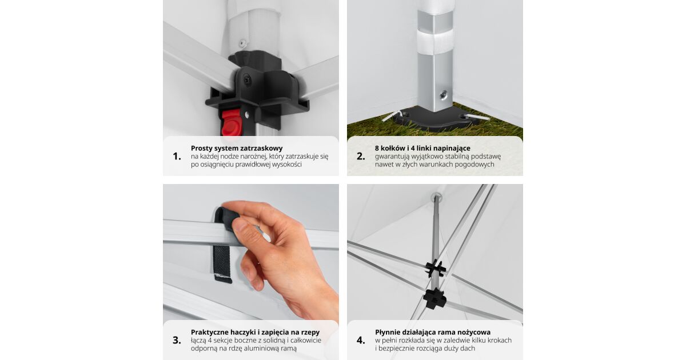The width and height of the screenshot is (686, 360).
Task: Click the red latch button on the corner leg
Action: pos(231,123)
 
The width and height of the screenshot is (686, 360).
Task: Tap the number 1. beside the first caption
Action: pos(177,157)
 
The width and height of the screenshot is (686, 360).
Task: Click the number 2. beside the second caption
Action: pos(361,157)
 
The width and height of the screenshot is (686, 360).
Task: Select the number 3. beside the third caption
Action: pos(177,341)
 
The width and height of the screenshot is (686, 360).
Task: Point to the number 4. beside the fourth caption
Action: pos(361,341)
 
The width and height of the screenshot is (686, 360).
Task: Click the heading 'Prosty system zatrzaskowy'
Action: pos(237,148)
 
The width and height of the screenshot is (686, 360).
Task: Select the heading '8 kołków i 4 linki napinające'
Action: pos(422,148)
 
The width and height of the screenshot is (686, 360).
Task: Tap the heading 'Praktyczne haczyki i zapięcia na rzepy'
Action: pos(255,332)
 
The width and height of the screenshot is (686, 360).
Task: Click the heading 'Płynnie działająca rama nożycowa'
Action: pos(433,332)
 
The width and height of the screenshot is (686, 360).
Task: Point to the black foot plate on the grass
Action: pos(435,119)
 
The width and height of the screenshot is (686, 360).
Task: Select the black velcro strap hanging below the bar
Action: pos(222,263)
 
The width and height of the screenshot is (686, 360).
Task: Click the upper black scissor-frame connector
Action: pos(436,269)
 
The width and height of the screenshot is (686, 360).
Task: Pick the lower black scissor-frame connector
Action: pos(434,298)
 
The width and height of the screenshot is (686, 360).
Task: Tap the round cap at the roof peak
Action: pos(436,197)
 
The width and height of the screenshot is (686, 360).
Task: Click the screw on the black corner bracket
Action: pos(247,81)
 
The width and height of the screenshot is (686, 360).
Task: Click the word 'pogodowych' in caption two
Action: pos(474,165)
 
